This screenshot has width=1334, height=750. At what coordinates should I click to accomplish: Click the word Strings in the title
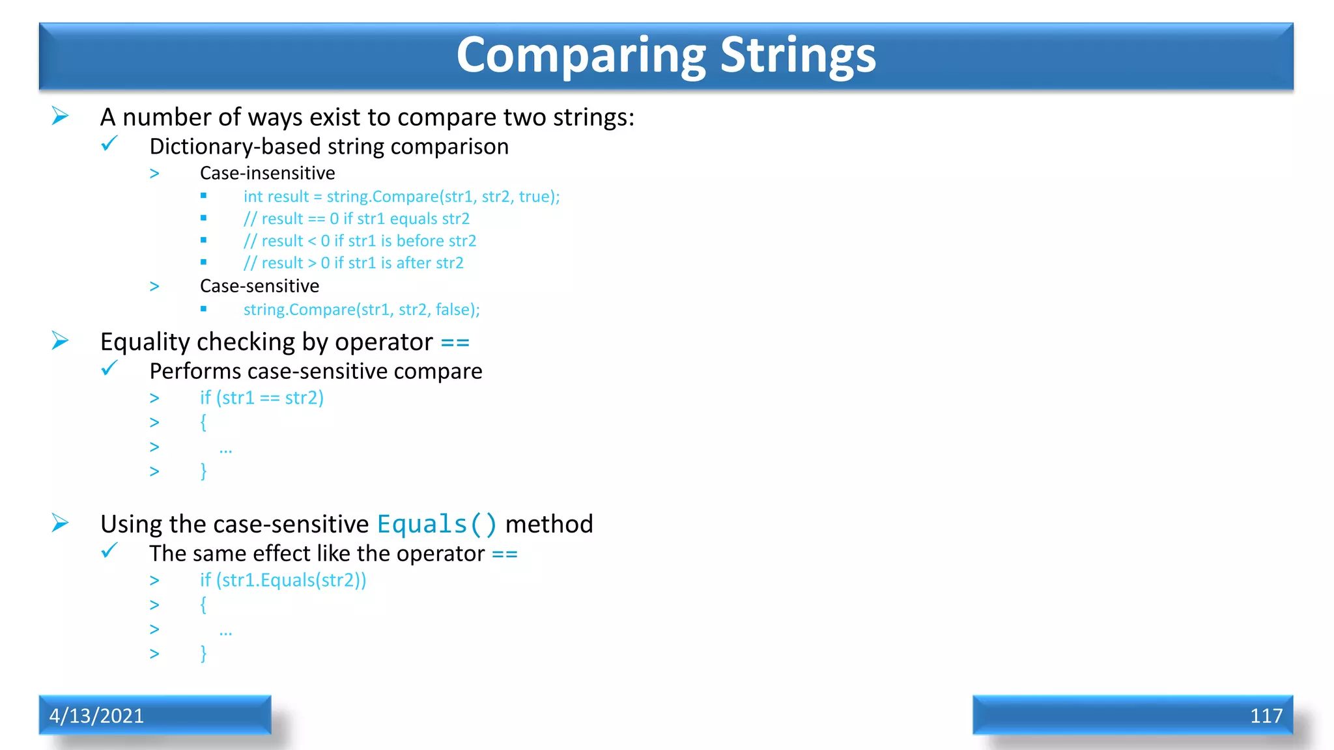pyautogui.click(x=798, y=55)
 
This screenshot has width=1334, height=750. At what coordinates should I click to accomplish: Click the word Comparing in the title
pyautogui.click(x=581, y=55)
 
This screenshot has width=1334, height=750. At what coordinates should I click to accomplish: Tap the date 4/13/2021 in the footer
pyautogui.click(x=96, y=715)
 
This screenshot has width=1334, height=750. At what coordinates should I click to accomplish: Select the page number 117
pyautogui.click(x=1266, y=715)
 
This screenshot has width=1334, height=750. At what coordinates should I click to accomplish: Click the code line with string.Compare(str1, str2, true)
pyautogui.click(x=401, y=197)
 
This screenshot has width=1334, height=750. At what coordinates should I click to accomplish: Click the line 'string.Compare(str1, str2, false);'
pyautogui.click(x=362, y=309)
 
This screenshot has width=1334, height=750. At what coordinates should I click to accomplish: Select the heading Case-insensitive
pyautogui.click(x=267, y=173)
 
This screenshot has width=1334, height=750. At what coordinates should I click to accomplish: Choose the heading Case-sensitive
pyautogui.click(x=259, y=286)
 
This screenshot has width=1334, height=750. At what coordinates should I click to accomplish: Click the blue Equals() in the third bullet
pyautogui.click(x=436, y=524)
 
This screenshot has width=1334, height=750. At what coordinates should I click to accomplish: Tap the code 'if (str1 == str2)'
pyautogui.click(x=261, y=398)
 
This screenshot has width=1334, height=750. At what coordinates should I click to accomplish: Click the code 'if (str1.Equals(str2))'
pyautogui.click(x=283, y=580)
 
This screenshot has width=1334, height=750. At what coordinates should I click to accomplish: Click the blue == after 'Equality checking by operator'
pyautogui.click(x=455, y=342)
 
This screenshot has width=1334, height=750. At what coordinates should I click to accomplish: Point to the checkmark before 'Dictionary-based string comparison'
pyautogui.click(x=109, y=143)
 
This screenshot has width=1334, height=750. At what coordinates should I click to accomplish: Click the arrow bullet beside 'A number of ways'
pyautogui.click(x=60, y=116)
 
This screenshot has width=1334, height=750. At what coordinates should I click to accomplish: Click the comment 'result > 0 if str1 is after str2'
pyautogui.click(x=353, y=263)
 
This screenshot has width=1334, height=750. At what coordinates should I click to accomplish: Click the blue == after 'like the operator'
pyautogui.click(x=504, y=554)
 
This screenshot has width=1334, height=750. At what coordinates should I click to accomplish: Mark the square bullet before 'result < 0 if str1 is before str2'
pyautogui.click(x=204, y=240)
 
